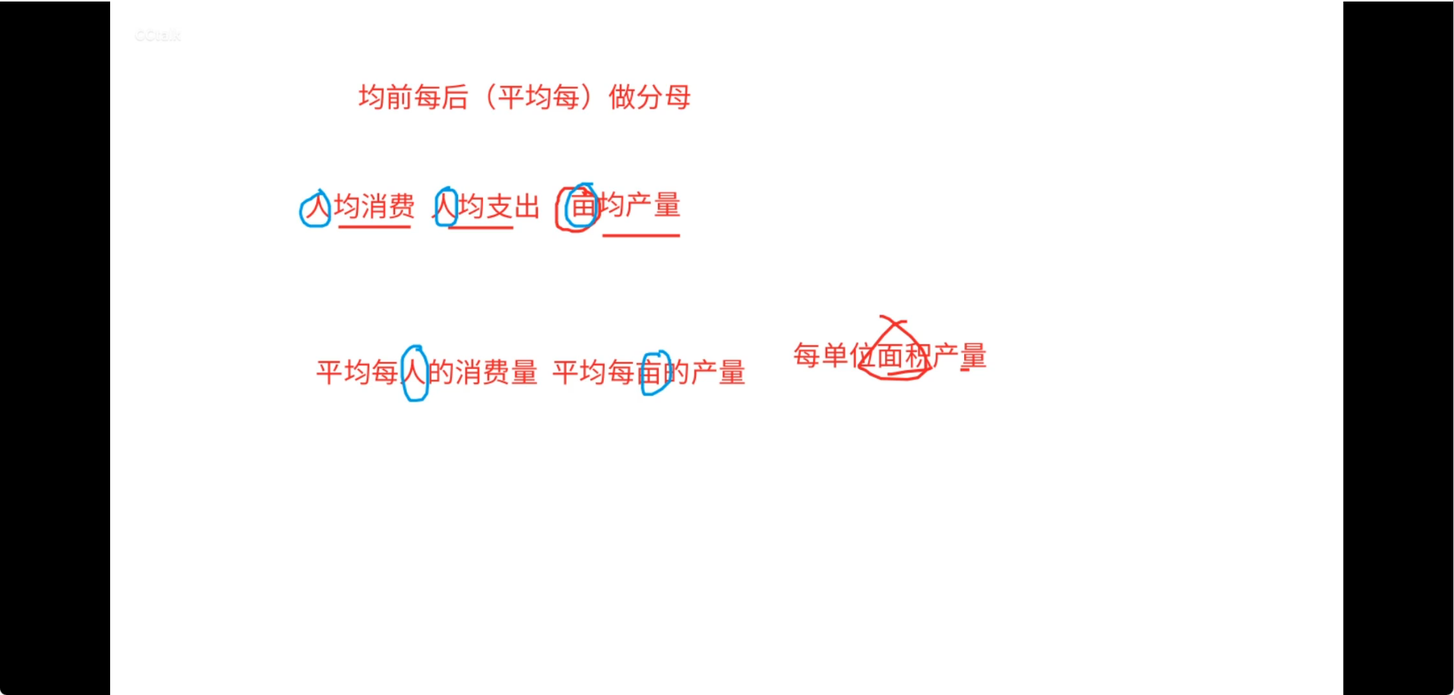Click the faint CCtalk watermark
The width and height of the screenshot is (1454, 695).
click(158, 36)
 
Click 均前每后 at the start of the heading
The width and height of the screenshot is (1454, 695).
click(413, 97)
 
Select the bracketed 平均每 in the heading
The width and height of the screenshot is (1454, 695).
click(539, 97)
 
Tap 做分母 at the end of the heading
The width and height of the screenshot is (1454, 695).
click(650, 97)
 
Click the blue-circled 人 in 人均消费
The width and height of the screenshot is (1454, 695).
click(315, 208)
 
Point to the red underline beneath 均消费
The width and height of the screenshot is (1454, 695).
click(374, 226)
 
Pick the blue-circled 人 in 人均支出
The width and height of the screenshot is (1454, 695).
click(445, 207)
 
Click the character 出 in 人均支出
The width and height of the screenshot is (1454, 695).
click(526, 207)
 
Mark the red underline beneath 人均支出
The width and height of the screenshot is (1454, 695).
click(480, 227)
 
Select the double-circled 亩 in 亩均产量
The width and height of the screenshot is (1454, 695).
click(580, 206)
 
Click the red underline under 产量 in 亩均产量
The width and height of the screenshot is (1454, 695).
click(641, 235)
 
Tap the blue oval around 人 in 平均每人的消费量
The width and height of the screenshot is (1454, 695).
click(415, 373)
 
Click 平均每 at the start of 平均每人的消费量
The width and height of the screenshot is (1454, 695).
click(357, 373)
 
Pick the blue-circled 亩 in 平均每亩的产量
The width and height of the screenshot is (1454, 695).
click(653, 373)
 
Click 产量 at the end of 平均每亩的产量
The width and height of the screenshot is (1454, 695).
click(718, 373)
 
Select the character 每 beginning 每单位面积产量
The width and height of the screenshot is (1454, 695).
click(807, 355)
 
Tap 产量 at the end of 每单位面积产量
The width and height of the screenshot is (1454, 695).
click(959, 355)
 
